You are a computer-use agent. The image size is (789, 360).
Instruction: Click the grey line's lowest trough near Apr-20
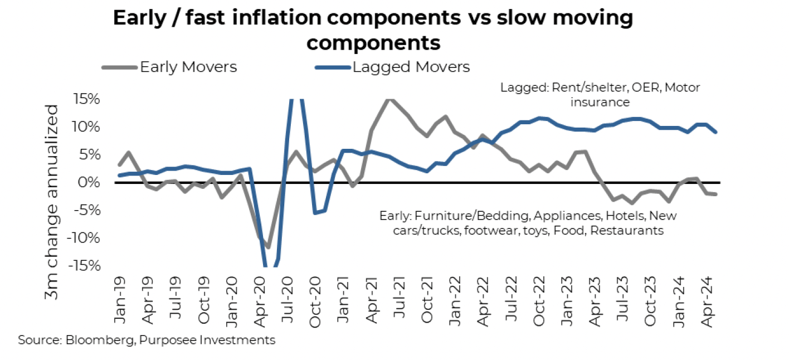268,247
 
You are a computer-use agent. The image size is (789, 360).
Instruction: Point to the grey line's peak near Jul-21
390,99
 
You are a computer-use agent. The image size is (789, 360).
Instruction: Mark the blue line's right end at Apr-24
715,132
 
